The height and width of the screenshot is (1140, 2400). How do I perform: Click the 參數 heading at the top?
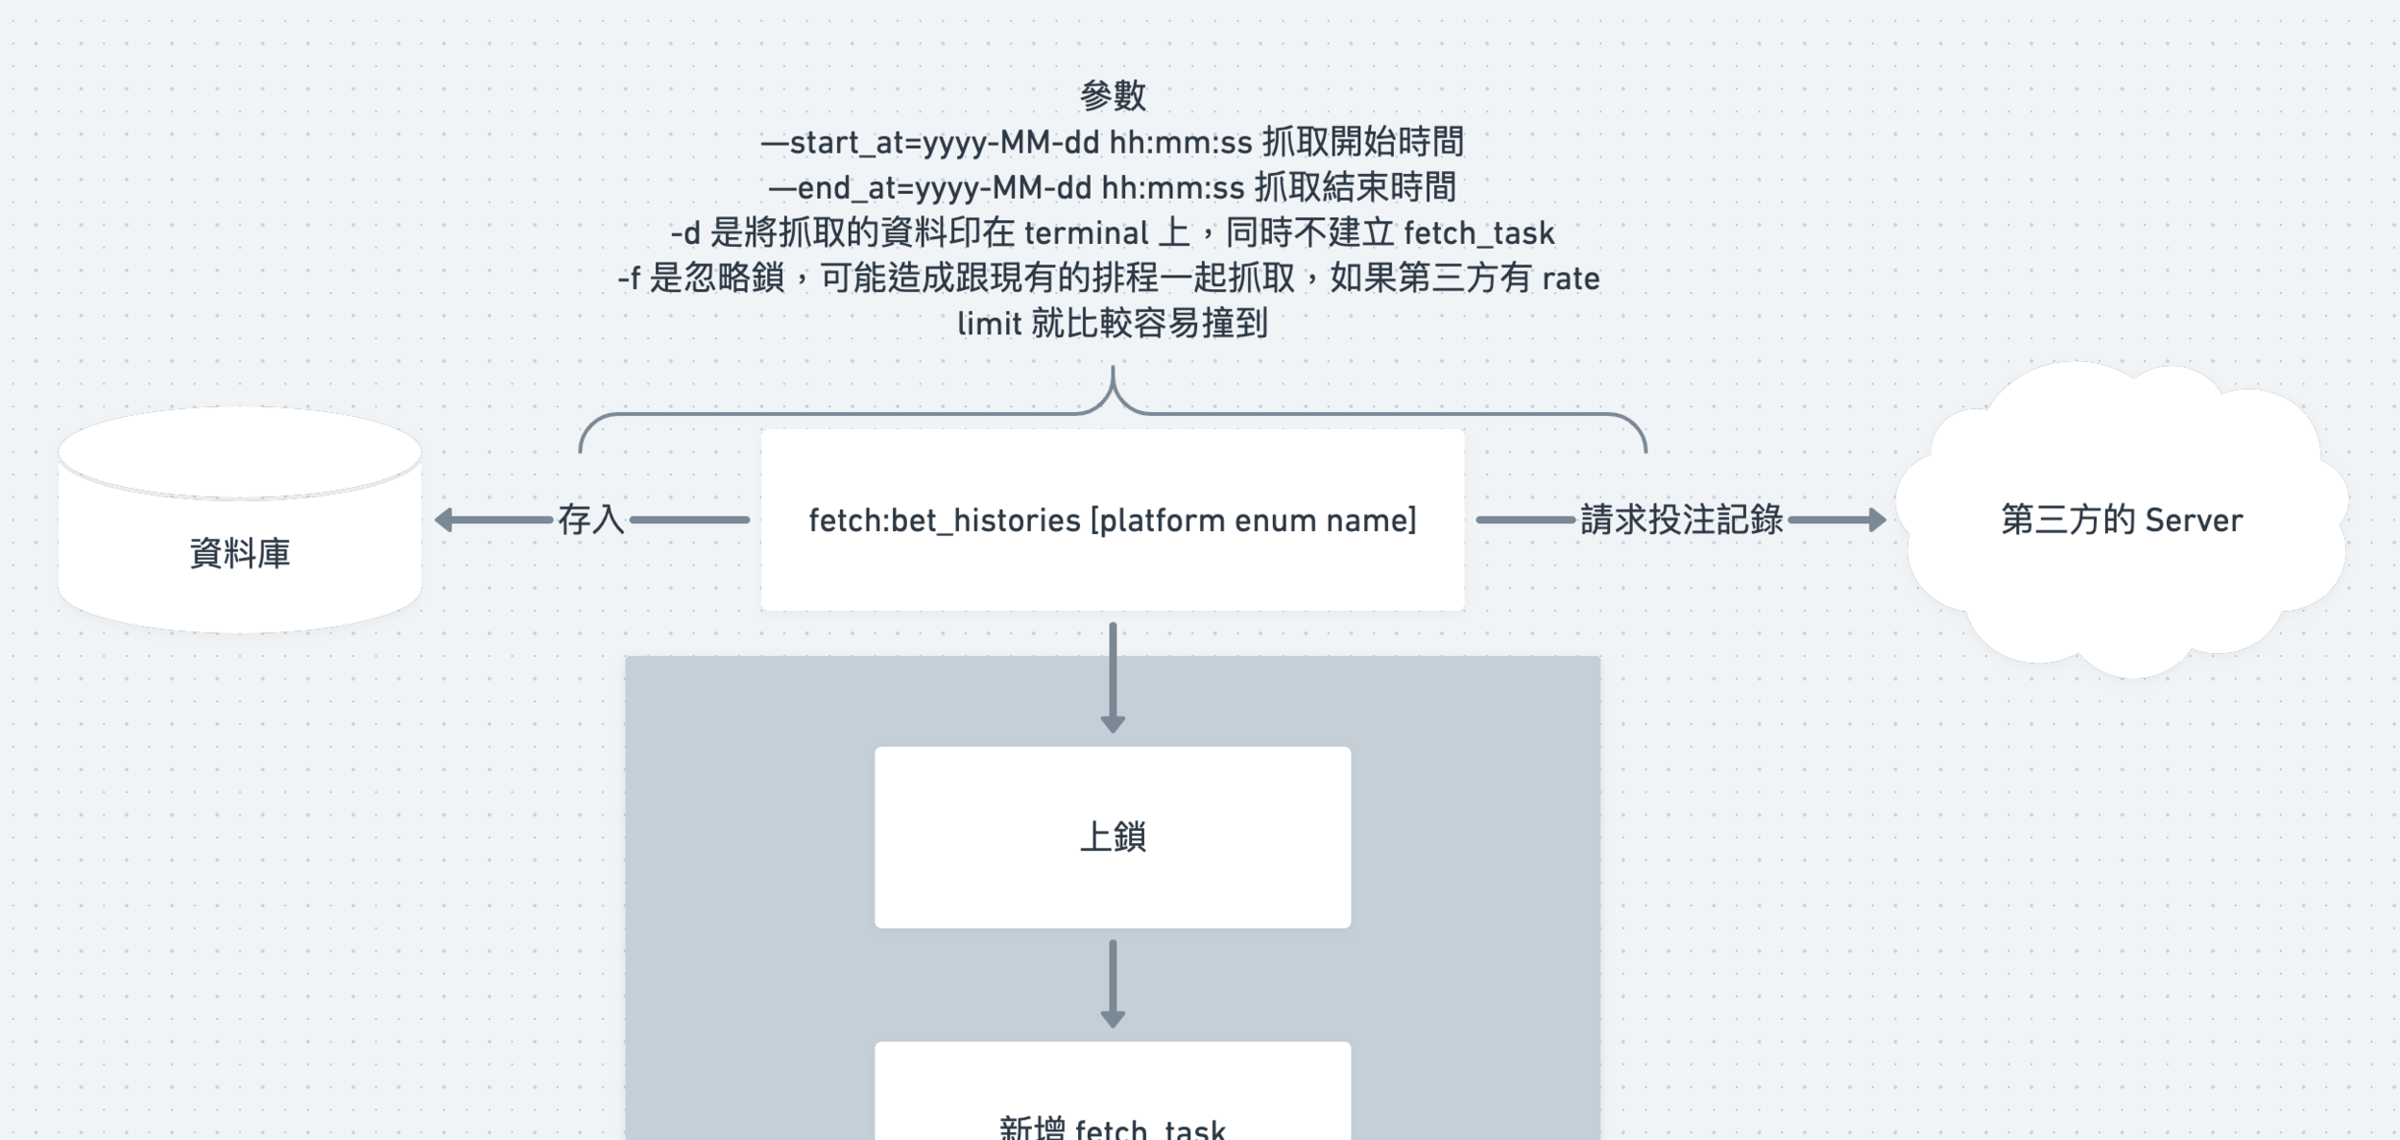(1113, 96)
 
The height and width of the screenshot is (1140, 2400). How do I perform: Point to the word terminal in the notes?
(1086, 233)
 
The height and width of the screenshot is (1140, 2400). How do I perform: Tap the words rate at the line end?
(1571, 279)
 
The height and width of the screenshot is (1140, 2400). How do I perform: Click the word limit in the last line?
(989, 325)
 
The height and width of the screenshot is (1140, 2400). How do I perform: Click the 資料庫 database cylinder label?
(240, 553)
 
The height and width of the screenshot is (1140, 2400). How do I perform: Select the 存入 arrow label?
(590, 520)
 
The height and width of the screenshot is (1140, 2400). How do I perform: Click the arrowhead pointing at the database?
(444, 520)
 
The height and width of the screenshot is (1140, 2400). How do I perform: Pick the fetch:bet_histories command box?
(1113, 520)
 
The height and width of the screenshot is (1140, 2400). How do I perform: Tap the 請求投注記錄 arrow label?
(1681, 520)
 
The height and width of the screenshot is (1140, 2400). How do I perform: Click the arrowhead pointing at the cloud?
(1877, 520)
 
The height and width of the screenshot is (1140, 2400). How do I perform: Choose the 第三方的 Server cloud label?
(2122, 520)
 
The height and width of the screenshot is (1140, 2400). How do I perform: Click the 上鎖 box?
(1113, 837)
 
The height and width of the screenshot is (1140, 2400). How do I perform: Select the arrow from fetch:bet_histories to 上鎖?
(1113, 677)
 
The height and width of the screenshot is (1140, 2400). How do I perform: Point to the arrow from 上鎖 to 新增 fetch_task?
(1113, 982)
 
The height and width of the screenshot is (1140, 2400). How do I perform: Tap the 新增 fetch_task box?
(1113, 1114)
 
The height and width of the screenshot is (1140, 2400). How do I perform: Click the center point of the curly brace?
(1113, 389)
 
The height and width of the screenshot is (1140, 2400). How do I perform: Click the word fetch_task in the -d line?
(1478, 233)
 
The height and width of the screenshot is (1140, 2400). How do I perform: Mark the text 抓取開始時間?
(1363, 143)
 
